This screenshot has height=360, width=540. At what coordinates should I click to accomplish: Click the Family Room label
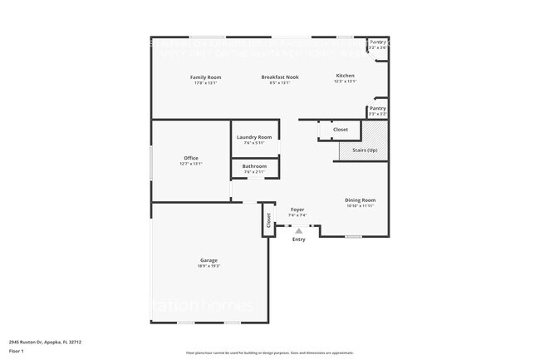coord(207,76)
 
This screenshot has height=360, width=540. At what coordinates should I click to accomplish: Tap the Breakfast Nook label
coord(280,76)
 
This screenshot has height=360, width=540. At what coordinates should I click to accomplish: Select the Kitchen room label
coord(345,76)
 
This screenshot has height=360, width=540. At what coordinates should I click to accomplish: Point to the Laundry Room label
coord(253,137)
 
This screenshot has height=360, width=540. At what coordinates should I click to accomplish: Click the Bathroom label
coord(254,166)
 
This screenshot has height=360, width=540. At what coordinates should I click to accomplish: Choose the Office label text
coord(191,158)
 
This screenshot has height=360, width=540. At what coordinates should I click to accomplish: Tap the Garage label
coord(208,260)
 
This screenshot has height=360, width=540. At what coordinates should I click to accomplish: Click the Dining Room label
coord(361,200)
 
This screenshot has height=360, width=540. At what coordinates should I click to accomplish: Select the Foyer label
coord(297,210)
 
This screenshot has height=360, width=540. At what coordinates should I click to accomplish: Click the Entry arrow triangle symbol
coord(299,230)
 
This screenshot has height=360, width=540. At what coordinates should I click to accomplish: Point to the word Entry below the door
coord(299,239)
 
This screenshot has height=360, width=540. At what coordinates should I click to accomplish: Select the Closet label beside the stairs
coord(341,130)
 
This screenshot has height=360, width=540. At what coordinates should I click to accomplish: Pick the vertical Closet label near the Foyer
coord(269,220)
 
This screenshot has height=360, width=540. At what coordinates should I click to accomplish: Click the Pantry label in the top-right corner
coord(378,42)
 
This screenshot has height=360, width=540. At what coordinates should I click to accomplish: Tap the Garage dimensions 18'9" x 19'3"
coord(209,266)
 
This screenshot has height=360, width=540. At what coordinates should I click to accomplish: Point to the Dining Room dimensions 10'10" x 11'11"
coord(361,205)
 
